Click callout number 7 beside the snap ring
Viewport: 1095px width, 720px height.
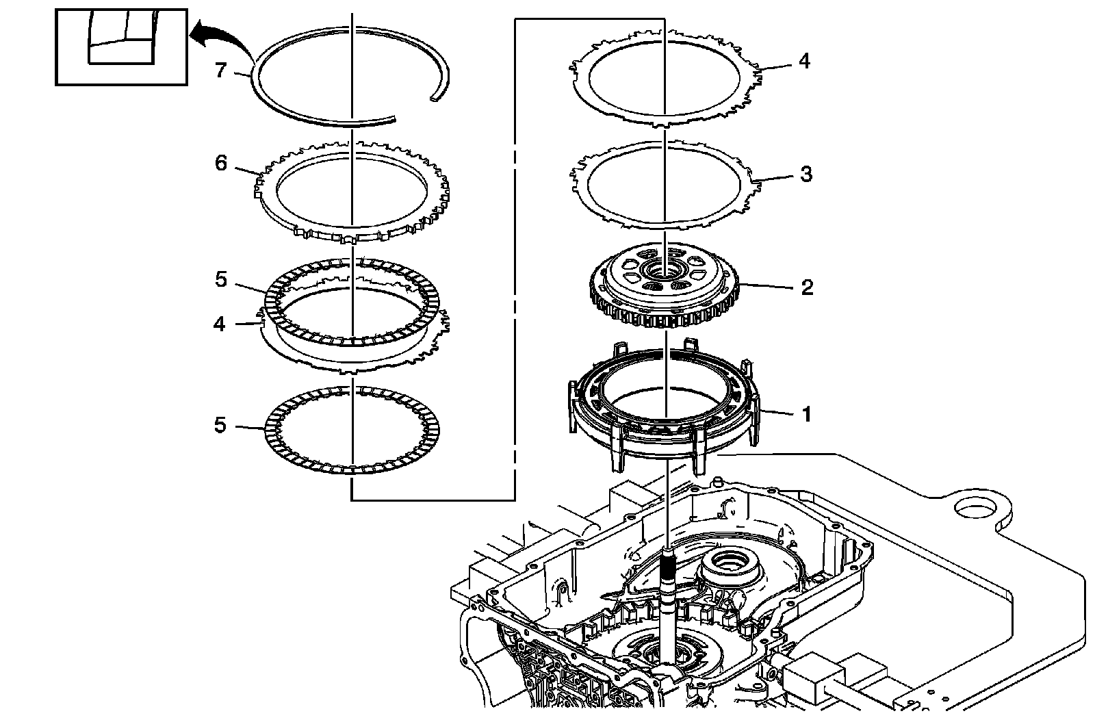tap(220, 70)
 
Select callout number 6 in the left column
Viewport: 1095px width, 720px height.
tap(220, 164)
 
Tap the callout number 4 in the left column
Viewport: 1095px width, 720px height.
tap(219, 323)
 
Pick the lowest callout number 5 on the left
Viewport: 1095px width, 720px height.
tap(220, 426)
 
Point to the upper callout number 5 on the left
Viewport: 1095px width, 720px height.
tap(220, 280)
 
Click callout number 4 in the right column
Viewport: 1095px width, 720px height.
tap(804, 61)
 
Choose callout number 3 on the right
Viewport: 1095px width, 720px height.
tap(806, 174)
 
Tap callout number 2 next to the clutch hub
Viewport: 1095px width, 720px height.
tap(807, 287)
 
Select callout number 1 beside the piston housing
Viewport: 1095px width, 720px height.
tap(806, 414)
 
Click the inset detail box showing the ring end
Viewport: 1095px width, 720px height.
tap(121, 47)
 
